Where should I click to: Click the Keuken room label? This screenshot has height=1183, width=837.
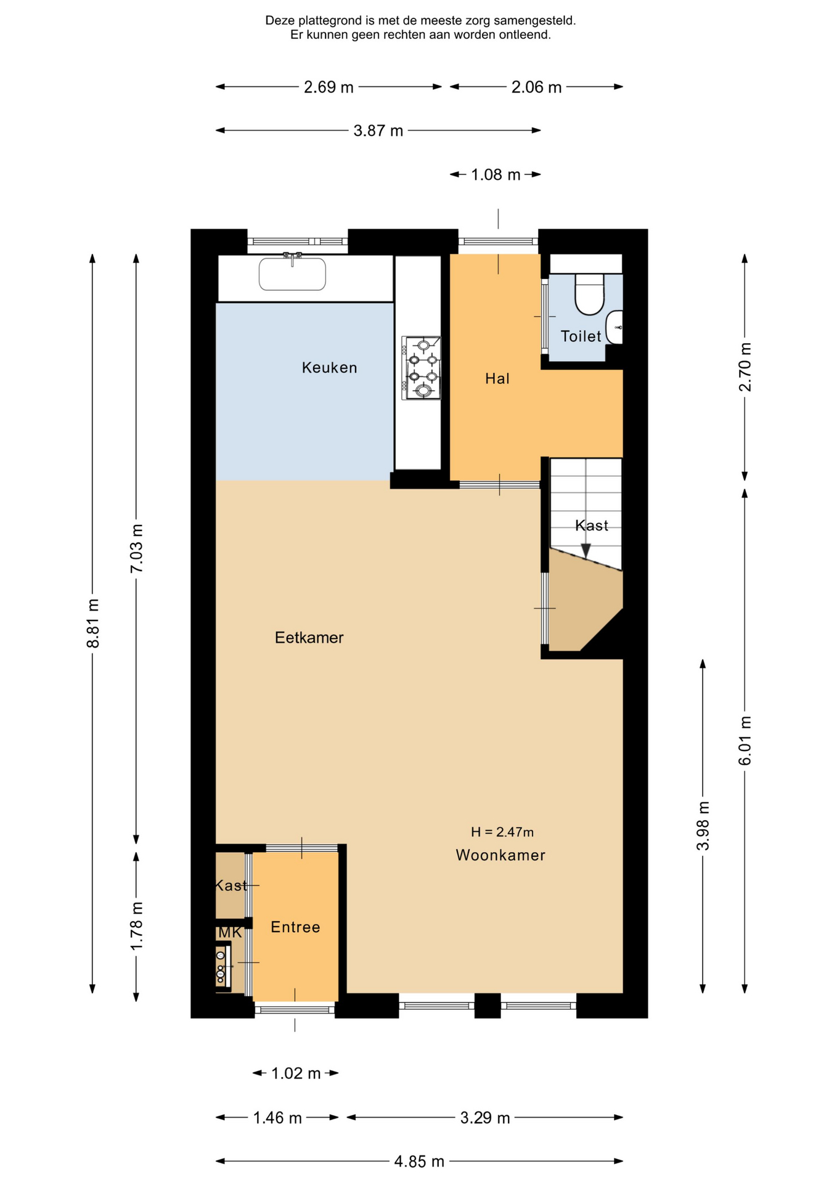329,368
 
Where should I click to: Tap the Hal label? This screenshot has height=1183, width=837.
497,378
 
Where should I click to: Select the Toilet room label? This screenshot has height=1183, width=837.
581,336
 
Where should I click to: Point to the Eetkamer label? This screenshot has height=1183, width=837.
309,638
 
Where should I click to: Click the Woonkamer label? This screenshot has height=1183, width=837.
500,855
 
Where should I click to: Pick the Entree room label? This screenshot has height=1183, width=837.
295,927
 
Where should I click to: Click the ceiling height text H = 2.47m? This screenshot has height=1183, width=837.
502,832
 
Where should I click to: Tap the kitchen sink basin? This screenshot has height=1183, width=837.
292,274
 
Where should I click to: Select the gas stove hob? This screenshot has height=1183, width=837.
421,368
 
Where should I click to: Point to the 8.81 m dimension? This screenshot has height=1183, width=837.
93,623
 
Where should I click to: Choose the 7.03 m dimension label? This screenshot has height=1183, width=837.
137,548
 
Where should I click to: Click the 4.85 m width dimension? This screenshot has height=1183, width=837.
419,1161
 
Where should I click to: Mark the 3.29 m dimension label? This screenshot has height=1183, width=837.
485,1118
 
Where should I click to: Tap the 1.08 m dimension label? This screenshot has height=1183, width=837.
496,175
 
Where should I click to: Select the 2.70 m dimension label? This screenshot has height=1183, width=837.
745,367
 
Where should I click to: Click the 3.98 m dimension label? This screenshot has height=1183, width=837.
703,826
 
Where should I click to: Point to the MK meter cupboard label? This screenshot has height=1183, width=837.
230,933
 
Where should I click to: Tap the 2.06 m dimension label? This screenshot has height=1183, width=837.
536,87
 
